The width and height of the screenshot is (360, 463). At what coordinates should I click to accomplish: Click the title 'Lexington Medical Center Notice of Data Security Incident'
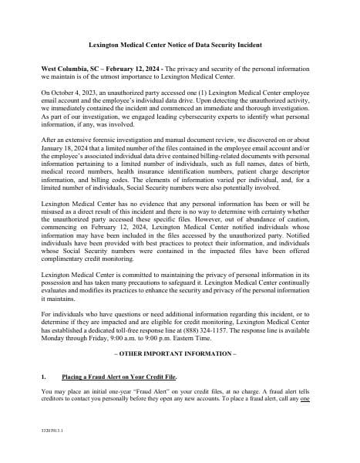(x=180, y=46)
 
